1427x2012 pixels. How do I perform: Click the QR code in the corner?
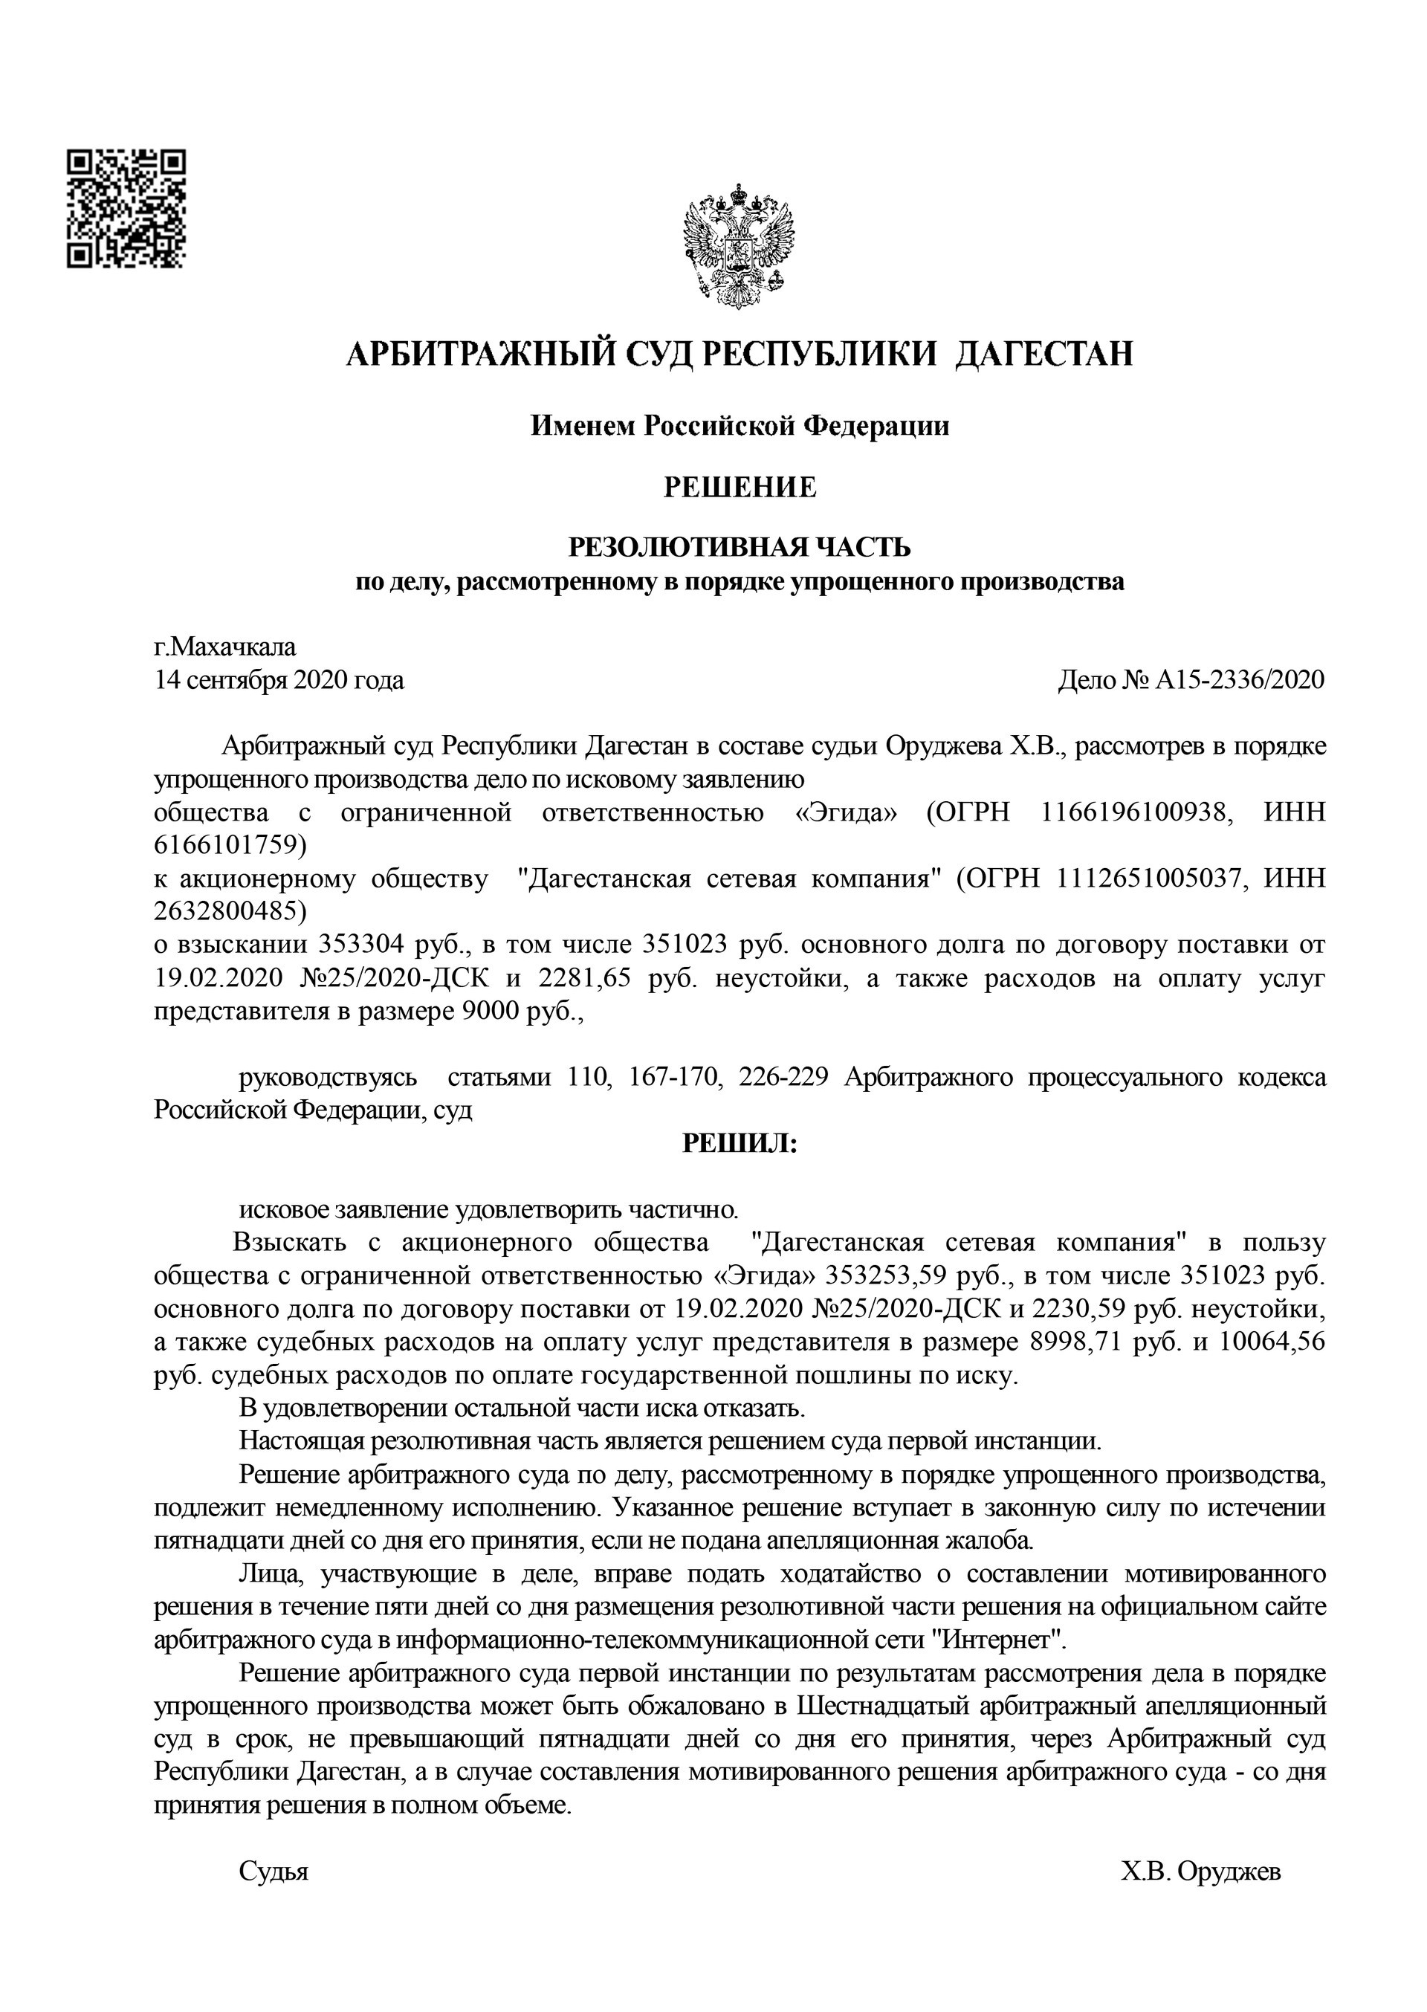click(x=126, y=208)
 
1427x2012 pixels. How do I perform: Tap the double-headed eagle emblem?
click(x=739, y=245)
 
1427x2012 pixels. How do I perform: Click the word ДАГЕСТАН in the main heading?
click(x=1044, y=354)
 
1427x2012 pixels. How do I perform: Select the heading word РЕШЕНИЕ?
click(x=740, y=488)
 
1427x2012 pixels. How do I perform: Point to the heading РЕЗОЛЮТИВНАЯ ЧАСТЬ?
click(x=740, y=547)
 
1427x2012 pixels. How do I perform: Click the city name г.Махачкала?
click(x=225, y=647)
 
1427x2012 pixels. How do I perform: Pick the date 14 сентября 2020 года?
click(x=279, y=680)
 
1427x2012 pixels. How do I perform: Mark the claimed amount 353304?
click(x=362, y=945)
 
